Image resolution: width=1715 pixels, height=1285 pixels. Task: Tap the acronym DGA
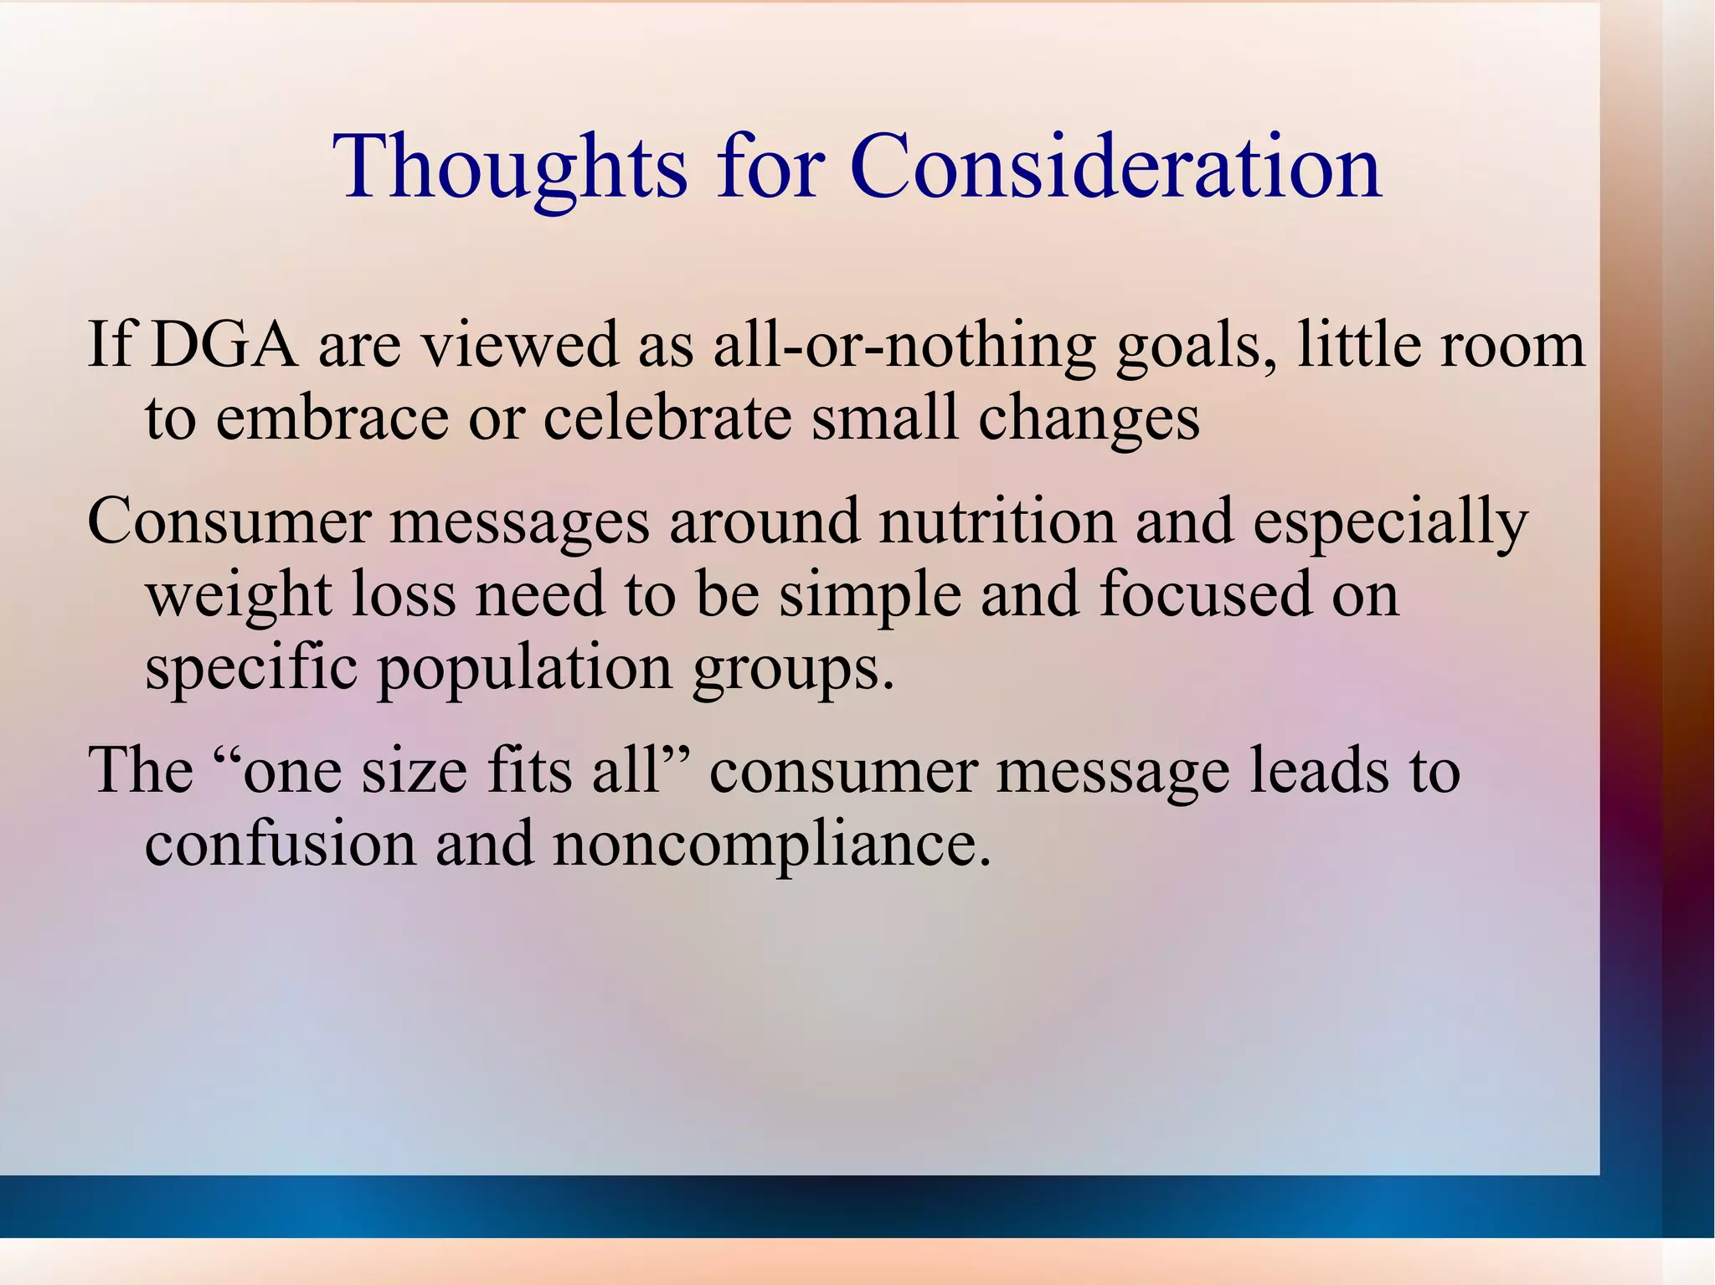224,344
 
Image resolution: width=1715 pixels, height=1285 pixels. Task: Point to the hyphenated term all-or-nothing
904,346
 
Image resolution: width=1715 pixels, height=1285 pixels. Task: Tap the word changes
1089,419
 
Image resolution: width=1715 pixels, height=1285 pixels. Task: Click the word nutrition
997,521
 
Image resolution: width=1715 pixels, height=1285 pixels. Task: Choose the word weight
239,595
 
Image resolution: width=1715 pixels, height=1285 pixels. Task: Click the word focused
1206,594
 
